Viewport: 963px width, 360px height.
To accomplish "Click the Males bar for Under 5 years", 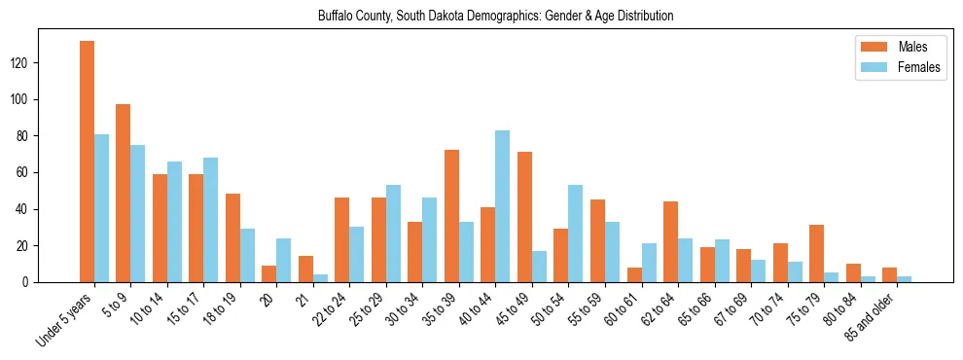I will (87, 162).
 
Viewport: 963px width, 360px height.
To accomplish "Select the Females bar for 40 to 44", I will (502, 206).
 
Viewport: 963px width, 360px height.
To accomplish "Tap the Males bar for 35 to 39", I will (451, 216).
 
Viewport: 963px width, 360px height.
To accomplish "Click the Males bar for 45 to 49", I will (524, 217).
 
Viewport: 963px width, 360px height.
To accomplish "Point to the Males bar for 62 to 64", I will (670, 241).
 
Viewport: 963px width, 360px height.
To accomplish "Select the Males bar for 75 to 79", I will (816, 253).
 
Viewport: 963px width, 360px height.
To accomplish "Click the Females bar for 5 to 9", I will (137, 213).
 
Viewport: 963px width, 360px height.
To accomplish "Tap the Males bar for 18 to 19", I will (232, 238).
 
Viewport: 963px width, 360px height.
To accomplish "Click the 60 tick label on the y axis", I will (26, 173).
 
